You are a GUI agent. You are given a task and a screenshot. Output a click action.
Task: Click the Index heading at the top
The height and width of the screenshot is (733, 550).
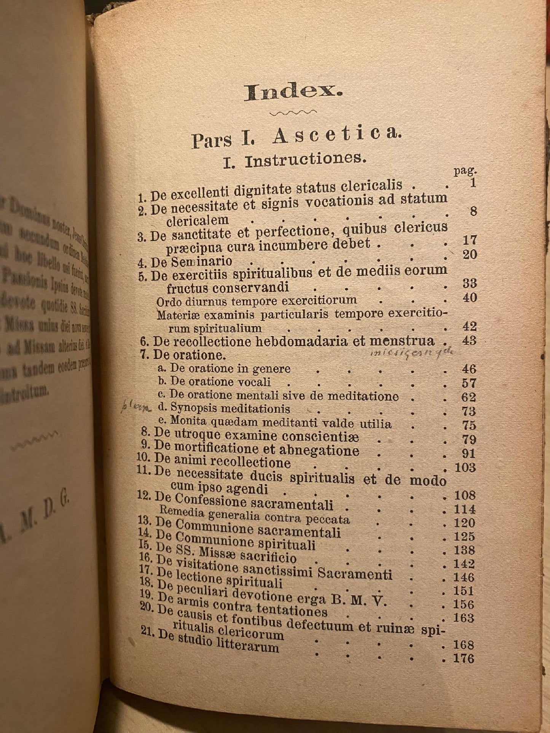(293, 92)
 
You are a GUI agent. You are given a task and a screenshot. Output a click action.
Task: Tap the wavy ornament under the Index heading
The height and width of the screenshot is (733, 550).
(293, 113)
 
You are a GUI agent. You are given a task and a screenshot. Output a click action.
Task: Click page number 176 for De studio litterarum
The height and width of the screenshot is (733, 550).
(463, 658)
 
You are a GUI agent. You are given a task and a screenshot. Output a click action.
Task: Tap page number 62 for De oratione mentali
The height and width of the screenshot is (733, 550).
(468, 397)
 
